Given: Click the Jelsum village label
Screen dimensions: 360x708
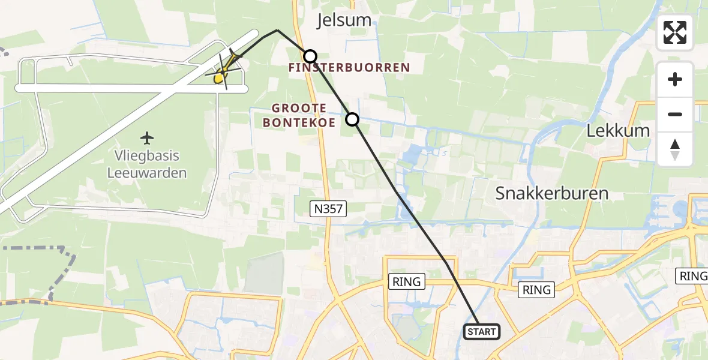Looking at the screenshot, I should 344,20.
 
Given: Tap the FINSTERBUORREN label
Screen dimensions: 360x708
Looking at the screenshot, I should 349,68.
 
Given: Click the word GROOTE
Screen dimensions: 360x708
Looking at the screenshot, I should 299,108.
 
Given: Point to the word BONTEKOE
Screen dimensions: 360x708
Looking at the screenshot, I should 299,122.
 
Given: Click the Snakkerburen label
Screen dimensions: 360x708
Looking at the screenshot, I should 552,193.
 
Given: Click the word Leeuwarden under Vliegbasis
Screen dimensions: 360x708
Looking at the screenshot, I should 147,173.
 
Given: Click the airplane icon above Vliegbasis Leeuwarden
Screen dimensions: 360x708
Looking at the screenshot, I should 147,138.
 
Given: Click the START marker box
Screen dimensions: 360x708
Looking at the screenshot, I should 482,332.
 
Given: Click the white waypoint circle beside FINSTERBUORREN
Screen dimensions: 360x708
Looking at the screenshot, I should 310,56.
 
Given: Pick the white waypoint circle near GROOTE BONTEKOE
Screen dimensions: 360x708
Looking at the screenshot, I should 352,119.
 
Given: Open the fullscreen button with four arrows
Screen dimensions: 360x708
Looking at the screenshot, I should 675,32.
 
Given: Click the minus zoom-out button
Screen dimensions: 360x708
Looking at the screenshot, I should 675,114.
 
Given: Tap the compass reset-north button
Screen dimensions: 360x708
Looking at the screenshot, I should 675,149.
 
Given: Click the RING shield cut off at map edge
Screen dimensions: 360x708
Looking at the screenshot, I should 694,276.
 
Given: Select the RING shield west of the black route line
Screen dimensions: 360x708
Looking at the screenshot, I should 407,281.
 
